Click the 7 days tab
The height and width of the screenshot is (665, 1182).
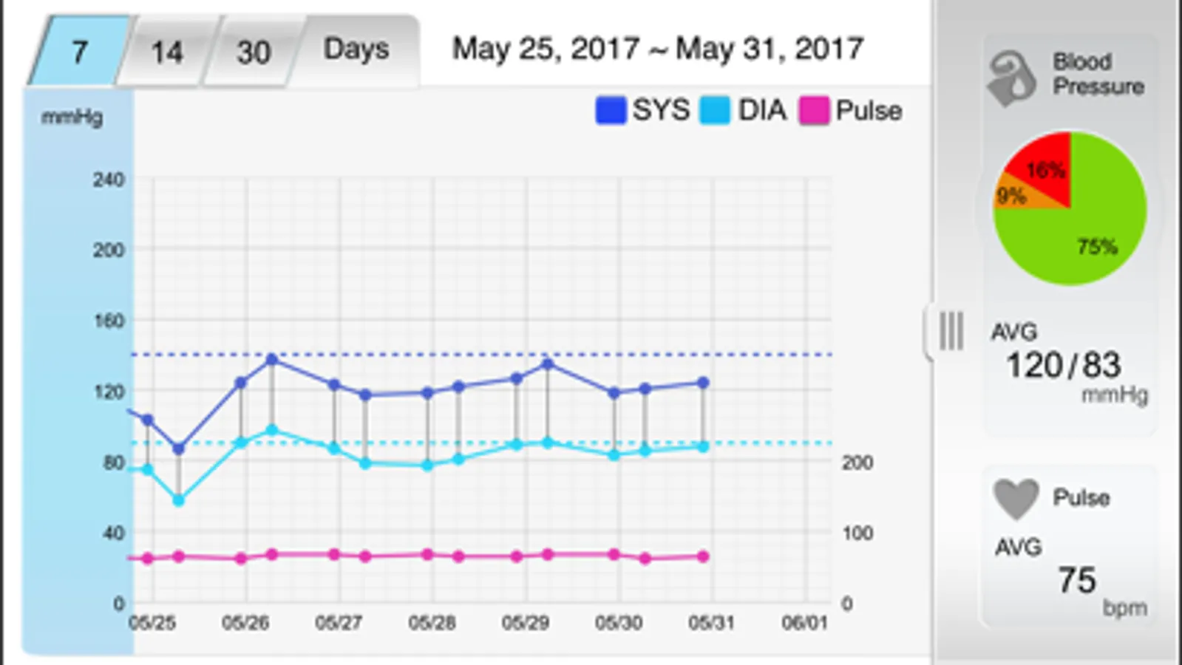pos(80,52)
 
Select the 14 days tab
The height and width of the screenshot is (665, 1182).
pos(167,52)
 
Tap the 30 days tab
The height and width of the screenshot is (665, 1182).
pos(254,52)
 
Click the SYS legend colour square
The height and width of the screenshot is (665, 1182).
pos(611,111)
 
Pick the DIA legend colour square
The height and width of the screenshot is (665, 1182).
pos(715,111)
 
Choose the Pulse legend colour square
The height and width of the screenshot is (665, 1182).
pos(814,111)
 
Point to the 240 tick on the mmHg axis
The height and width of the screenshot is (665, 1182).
pos(109,180)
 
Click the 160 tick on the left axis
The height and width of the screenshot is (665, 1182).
pos(109,321)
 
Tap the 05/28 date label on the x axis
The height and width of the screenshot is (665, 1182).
pos(432,623)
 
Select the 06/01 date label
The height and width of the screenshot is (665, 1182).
pos(804,623)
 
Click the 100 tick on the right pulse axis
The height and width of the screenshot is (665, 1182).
pos(857,533)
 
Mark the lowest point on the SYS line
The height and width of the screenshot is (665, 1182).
pos(178,449)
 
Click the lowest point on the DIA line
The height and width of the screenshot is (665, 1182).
pos(178,500)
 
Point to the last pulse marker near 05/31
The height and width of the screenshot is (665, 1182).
pos(703,556)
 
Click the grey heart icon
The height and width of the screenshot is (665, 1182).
pos(1016,498)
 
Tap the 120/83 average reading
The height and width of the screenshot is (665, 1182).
pos(1063,365)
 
